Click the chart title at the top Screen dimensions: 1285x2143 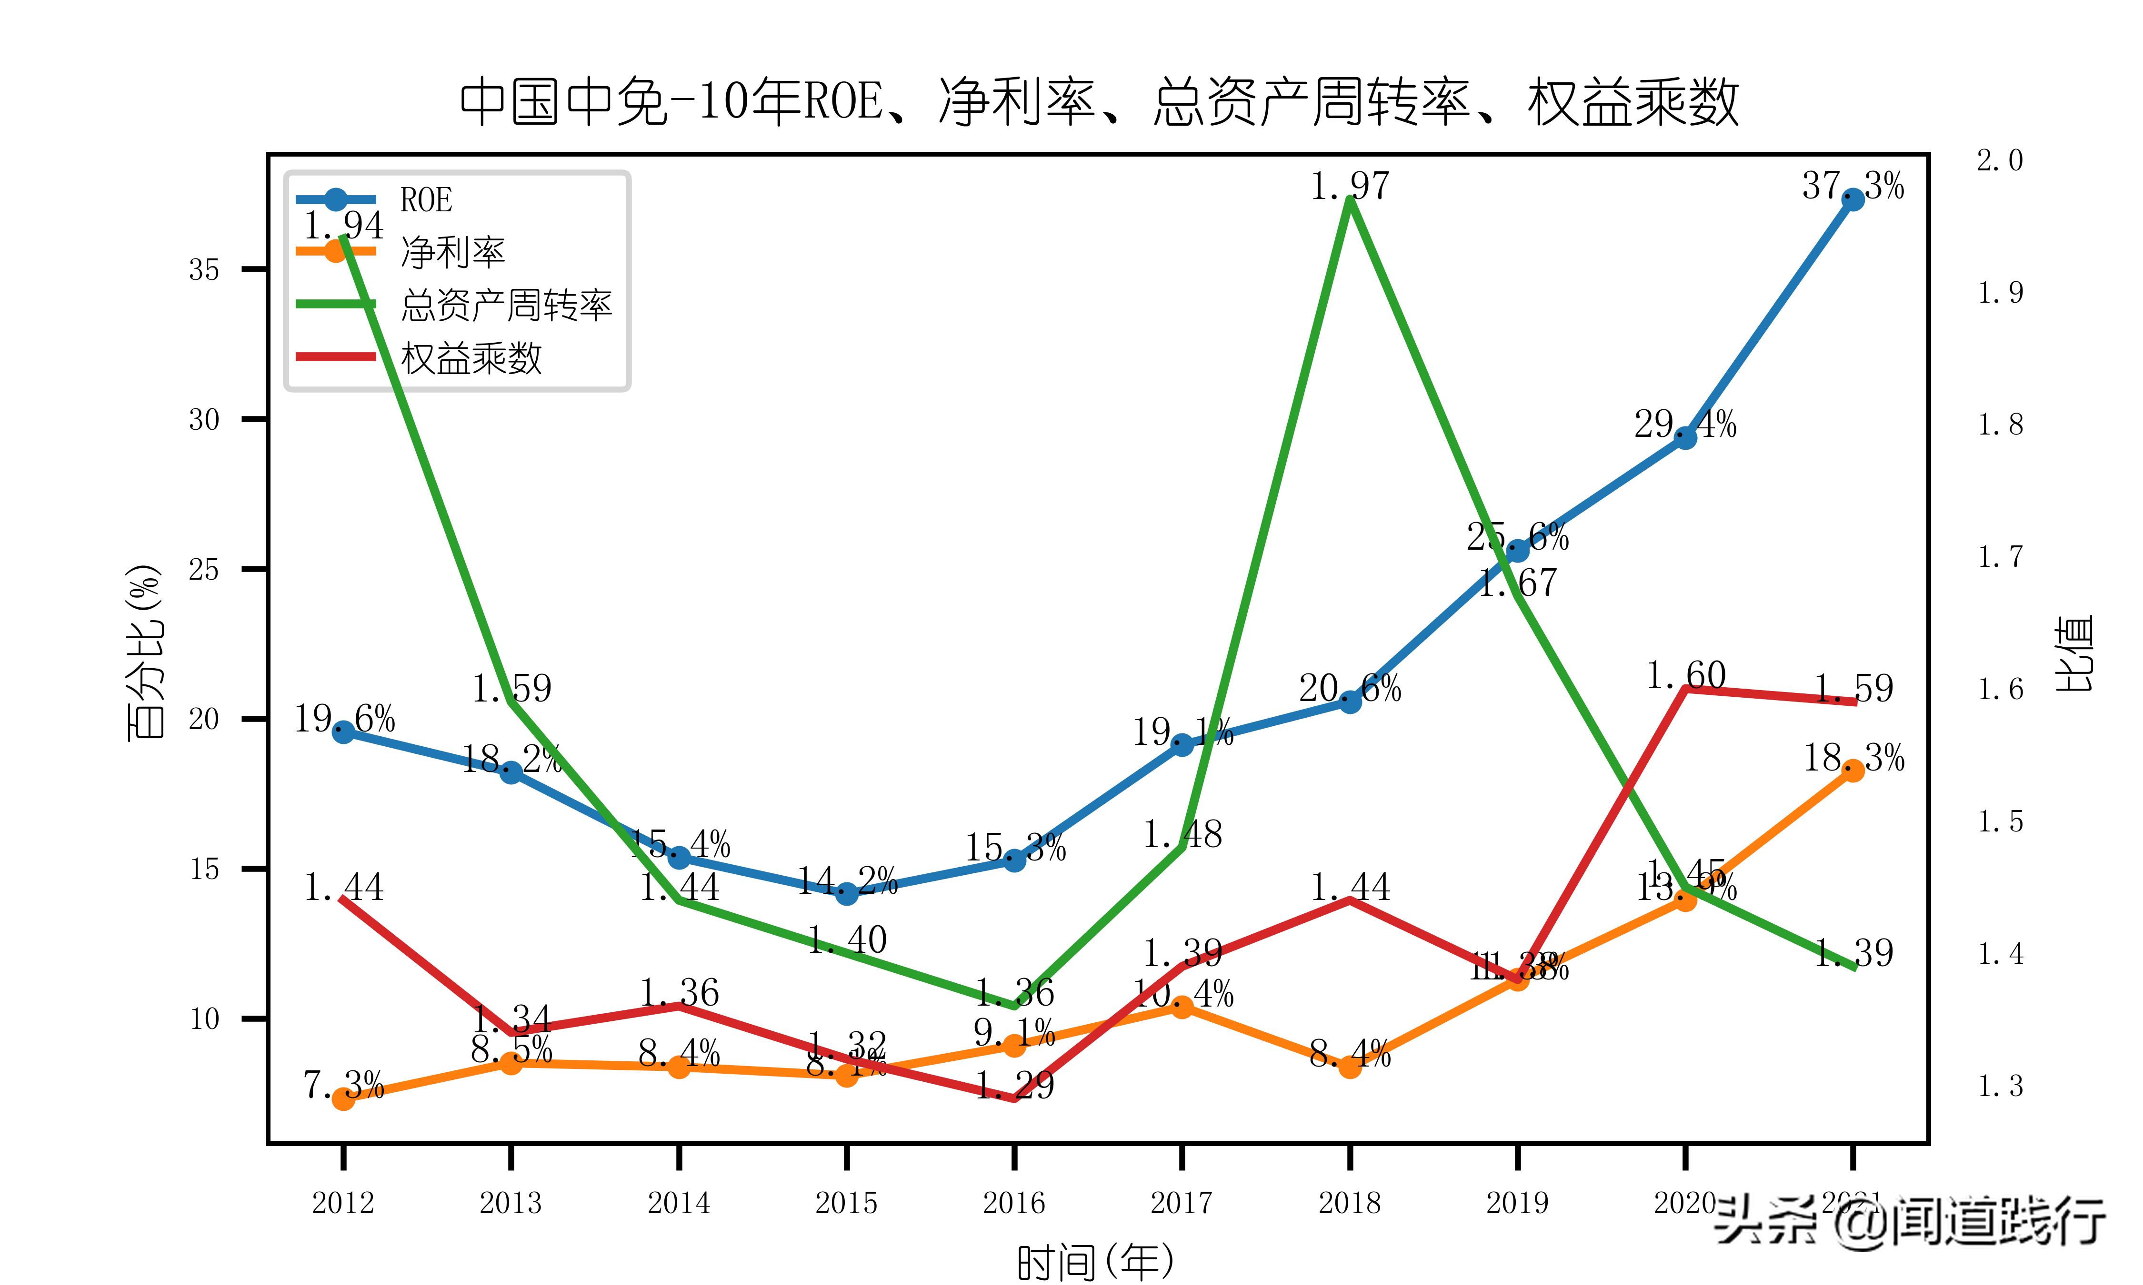point(1098,102)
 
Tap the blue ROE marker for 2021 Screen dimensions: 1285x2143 point(1853,200)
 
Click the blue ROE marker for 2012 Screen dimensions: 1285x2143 point(343,731)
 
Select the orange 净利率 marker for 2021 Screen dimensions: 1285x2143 point(1853,770)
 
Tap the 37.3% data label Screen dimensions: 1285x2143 point(1853,185)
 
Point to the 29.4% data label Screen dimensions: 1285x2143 point(1685,425)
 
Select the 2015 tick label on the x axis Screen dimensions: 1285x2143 point(846,1203)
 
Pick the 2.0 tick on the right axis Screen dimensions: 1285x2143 point(1999,160)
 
